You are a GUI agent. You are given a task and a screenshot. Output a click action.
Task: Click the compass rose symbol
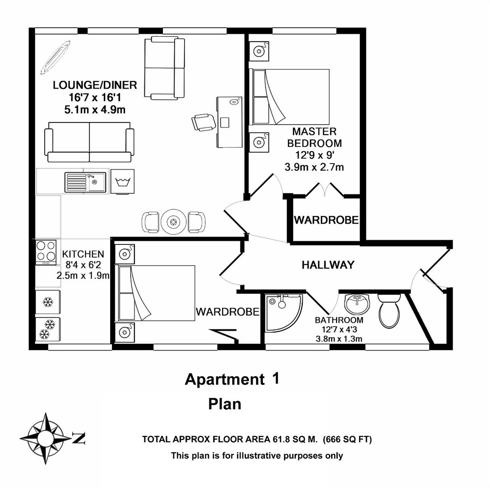pos(46,438)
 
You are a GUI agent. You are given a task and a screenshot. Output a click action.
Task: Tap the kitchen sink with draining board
pos(85,182)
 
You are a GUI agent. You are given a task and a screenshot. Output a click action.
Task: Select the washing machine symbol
pos(122,182)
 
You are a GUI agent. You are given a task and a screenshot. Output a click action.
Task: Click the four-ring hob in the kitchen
pos(46,252)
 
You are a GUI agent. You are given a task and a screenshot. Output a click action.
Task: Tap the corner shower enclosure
pos(282,312)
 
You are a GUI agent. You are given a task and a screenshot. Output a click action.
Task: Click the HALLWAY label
pos(328,265)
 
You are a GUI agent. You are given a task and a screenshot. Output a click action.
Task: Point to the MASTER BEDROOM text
pos(314,137)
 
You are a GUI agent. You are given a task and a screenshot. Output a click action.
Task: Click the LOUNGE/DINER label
pos(95,85)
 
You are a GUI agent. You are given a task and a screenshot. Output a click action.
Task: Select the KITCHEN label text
pos(83,254)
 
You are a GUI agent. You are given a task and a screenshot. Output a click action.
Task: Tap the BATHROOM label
pos(339,320)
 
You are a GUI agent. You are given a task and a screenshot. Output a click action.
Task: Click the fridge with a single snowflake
pos(48,302)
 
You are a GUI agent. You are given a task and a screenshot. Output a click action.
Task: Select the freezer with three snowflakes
pos(48,329)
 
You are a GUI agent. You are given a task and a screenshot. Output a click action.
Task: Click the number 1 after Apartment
pos(275,379)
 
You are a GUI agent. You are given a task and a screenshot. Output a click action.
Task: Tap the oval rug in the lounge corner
pos(55,57)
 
